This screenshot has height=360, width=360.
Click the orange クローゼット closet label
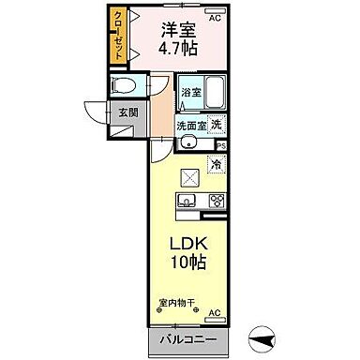(118, 37)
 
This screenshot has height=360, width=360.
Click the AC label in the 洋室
(215, 17)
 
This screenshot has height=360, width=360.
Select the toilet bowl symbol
(124, 87)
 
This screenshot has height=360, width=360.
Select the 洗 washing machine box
(215, 125)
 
